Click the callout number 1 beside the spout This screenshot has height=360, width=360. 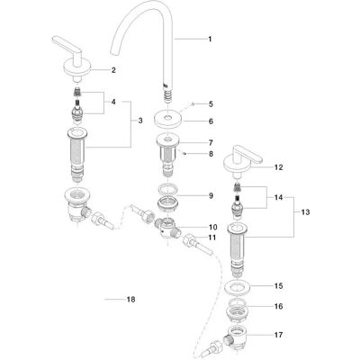point(210,39)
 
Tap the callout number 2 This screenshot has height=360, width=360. point(113,70)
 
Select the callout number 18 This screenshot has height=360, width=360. point(130,300)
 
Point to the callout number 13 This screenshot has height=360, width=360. point(305,212)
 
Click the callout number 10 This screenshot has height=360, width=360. point(213,227)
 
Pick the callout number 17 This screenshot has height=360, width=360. point(279,335)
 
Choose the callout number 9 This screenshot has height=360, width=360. point(211,196)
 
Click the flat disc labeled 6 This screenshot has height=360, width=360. point(168,120)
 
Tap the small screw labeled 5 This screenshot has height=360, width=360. point(193,104)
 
